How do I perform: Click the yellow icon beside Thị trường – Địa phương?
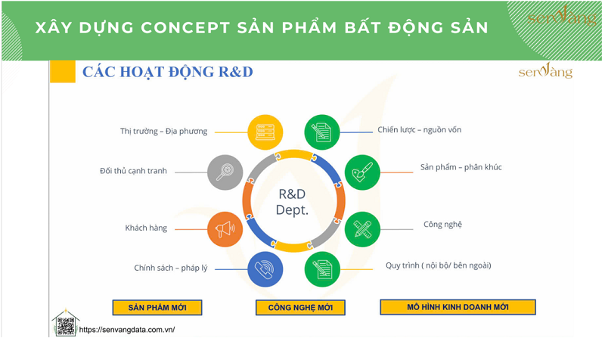(264, 132)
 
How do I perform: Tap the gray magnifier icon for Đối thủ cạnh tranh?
(225, 172)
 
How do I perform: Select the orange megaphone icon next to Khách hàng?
(225, 228)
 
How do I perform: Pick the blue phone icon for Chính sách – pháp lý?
(265, 268)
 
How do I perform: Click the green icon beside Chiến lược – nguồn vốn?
(322, 132)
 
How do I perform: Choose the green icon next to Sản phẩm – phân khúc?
(362, 172)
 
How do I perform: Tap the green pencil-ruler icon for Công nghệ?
(362, 228)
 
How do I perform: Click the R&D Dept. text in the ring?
(292, 202)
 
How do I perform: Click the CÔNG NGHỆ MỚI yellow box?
(300, 307)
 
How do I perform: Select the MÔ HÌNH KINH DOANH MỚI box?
(458, 307)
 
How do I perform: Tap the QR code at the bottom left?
(66, 326)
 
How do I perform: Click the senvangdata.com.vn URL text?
(127, 331)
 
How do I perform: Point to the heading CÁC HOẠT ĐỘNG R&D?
(168, 73)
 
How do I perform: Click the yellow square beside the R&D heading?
(63, 72)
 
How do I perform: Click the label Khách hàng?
(146, 228)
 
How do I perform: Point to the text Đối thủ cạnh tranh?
(133, 172)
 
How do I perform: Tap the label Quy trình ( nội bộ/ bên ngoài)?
(438, 265)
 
